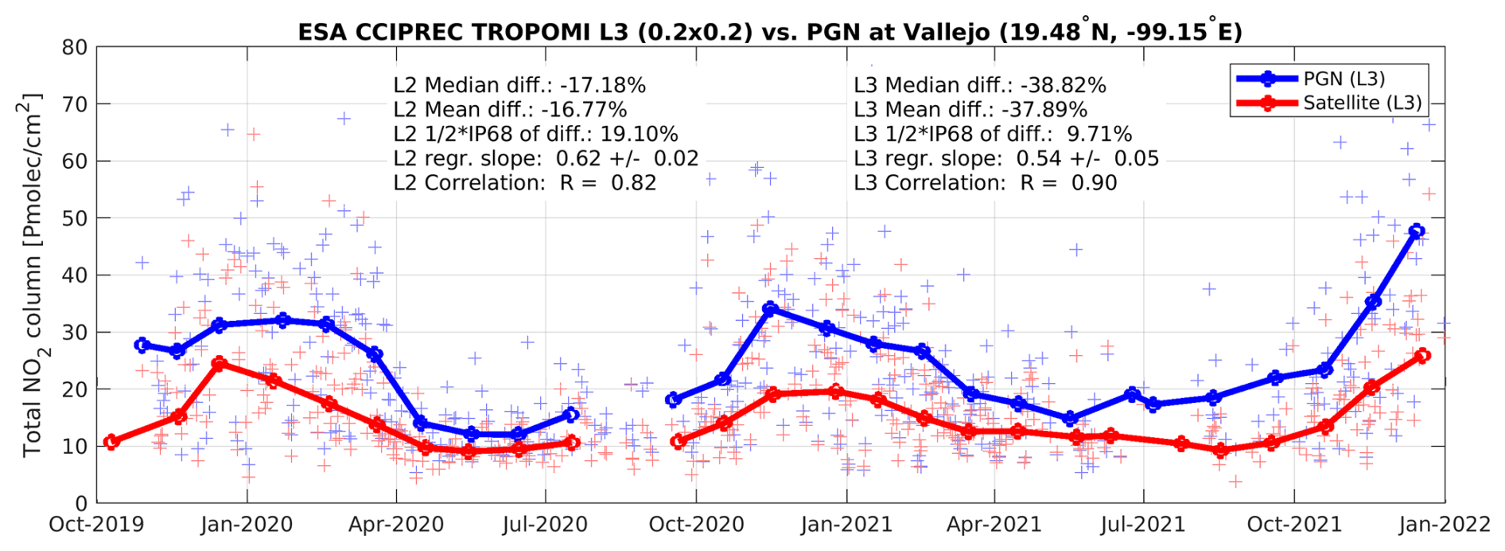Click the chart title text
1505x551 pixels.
pos(769,32)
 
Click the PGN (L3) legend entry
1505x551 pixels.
pos(1344,79)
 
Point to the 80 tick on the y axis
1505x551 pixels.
pos(75,48)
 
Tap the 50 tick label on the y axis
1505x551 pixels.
pos(75,218)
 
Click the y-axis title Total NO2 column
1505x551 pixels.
pos(32,275)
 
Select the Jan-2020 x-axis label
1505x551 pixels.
pos(247,526)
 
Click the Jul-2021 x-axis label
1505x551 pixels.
pos(1143,526)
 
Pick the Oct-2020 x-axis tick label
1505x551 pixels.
pos(696,526)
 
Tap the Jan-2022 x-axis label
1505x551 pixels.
pos(1444,526)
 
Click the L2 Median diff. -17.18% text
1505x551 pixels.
pos(519,85)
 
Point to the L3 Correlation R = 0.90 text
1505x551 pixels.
pos(985,183)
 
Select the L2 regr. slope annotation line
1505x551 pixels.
pos(546,158)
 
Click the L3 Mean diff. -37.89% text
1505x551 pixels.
pos(970,110)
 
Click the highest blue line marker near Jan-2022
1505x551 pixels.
pos(1416,232)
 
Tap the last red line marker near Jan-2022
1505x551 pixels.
pos(1423,355)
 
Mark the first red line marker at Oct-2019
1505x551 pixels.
pos(111,442)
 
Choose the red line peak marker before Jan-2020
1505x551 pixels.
pos(220,364)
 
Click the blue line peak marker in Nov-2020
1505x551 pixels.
pos(769,308)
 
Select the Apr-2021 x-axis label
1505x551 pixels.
pos(994,526)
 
